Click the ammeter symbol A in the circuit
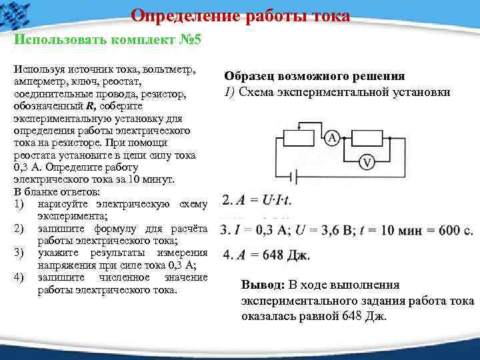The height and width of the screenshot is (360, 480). (x=332, y=138)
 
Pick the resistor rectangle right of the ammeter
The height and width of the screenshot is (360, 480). (x=365, y=138)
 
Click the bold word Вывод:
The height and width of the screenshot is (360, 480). (x=263, y=285)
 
